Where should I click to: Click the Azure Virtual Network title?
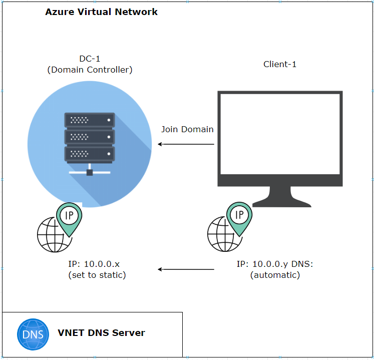click(x=101, y=12)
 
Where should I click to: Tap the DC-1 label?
click(x=90, y=59)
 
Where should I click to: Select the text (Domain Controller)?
click(x=90, y=70)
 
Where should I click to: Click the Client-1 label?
click(x=280, y=64)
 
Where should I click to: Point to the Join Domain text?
click(x=187, y=129)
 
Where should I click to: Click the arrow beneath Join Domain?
click(x=186, y=144)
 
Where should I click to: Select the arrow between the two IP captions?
click(x=186, y=269)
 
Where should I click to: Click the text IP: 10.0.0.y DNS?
click(x=275, y=264)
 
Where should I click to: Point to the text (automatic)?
click(x=275, y=275)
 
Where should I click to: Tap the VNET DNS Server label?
click(x=101, y=332)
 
